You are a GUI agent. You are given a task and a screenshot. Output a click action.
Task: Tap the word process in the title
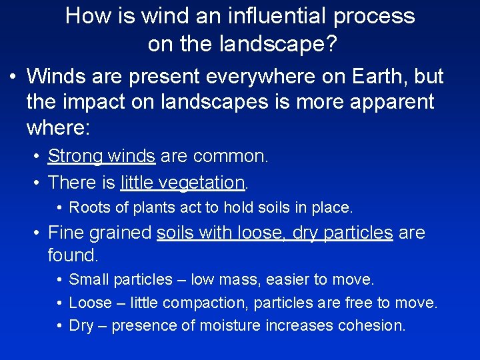pyautogui.click(x=376, y=16)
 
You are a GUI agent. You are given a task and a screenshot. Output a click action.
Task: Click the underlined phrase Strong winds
pyautogui.click(x=101, y=157)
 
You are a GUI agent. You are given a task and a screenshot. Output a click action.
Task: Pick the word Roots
pyautogui.click(x=88, y=207)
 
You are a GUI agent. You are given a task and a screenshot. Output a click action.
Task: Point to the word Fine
pyautogui.click(x=65, y=233)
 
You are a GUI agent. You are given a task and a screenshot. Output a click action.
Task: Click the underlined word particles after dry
pyautogui.click(x=358, y=233)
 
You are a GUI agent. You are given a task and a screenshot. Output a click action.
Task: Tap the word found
pyautogui.click(x=72, y=255)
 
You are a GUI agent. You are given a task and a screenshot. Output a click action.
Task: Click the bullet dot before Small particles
pyautogui.click(x=60, y=279)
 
